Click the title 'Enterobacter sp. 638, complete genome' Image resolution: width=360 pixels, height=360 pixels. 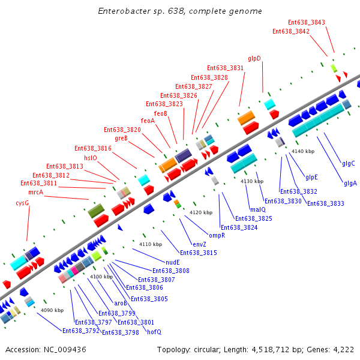[x=179, y=11]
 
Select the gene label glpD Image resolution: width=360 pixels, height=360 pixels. [x=254, y=58]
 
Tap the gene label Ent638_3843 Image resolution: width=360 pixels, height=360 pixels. [x=307, y=22]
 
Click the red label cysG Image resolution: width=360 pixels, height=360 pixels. [x=22, y=203]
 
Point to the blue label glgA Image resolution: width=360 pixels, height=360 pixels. [x=350, y=183]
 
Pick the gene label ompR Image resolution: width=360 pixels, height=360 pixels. [x=217, y=235]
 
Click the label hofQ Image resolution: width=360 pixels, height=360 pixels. [x=154, y=332]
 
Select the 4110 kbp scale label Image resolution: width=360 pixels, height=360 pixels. [x=151, y=244]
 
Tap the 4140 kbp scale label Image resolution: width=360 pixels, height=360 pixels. [x=303, y=151]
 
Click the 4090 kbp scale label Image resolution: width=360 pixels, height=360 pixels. [x=52, y=310]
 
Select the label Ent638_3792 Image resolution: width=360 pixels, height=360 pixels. [x=81, y=330]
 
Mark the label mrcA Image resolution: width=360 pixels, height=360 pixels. [x=36, y=192]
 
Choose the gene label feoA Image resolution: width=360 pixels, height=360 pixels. [x=148, y=121]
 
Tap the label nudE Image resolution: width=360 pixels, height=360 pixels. [x=173, y=262]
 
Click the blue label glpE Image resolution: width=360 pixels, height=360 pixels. [x=311, y=177]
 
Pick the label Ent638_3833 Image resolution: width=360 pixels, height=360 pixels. [x=326, y=203]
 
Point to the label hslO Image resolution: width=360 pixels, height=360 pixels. [x=91, y=158]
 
